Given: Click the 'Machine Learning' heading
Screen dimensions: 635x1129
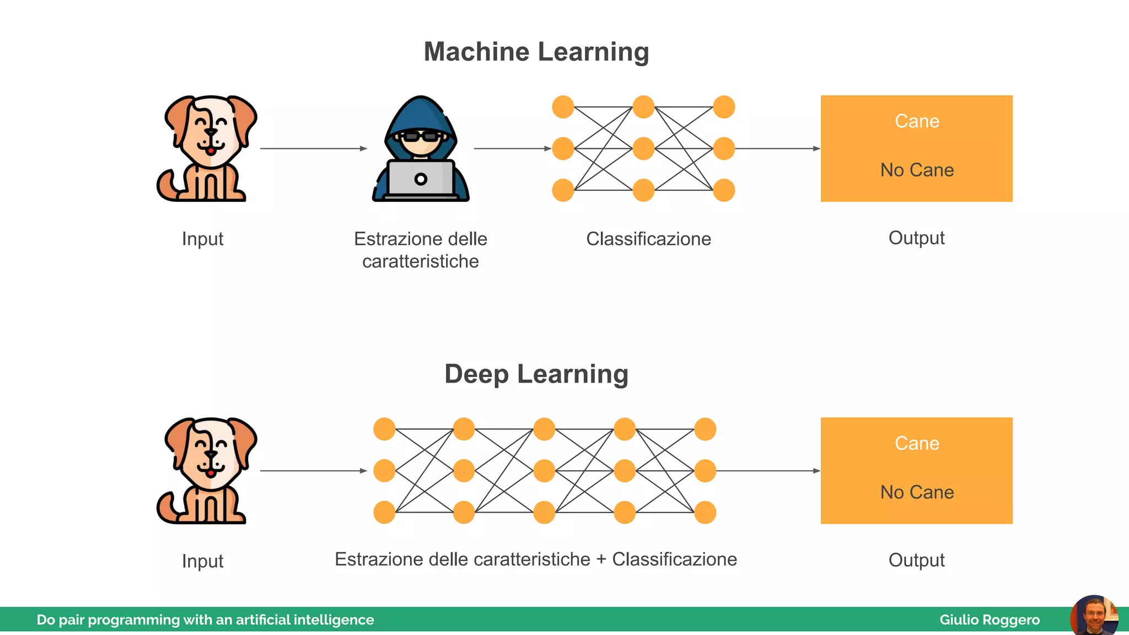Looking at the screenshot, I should pos(536,52).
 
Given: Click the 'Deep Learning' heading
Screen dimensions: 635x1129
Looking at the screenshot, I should pos(536,374).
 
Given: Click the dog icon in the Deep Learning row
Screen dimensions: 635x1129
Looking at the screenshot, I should pos(207,471).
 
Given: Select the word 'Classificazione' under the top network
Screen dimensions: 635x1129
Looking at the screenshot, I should pos(648,239).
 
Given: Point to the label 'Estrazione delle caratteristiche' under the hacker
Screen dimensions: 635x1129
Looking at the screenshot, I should pos(421,250).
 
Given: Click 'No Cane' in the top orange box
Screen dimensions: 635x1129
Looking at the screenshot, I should pos(917,170).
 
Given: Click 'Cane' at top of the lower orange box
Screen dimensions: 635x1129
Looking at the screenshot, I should pos(917,443).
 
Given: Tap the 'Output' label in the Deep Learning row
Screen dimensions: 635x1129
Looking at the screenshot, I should pos(916,560).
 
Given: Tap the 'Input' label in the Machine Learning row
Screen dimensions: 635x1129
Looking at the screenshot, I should pos(202,239).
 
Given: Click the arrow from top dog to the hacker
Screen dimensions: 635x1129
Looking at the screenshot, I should pos(313,148).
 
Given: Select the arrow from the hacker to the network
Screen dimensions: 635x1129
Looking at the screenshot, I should pos(512,148).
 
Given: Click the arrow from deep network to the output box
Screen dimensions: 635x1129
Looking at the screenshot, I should pos(767,471).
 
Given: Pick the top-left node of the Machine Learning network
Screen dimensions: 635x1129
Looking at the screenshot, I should pos(563,107).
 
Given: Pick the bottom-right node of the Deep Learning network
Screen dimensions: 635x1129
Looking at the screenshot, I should pos(705,512).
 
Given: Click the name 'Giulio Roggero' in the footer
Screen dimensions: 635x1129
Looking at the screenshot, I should pos(990,620).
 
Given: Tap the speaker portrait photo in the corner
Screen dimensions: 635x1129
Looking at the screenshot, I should pos(1094,616).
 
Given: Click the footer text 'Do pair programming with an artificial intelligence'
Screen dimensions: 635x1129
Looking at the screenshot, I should pos(205,620).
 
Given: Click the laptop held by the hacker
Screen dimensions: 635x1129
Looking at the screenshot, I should pos(421,180).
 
